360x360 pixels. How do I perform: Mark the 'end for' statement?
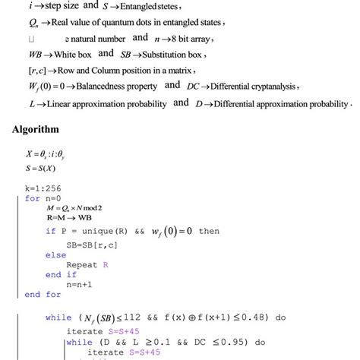[x=43, y=294]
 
